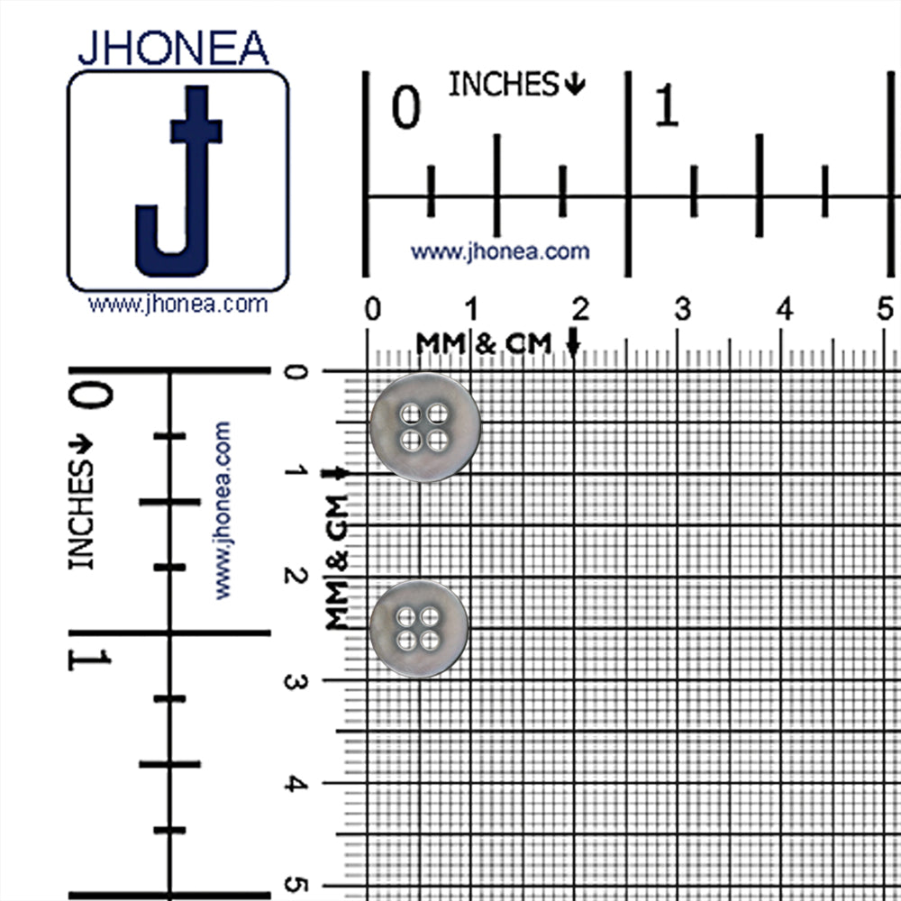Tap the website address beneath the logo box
177,304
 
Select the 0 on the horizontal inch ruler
405,107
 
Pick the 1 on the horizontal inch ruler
667,105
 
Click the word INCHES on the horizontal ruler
504,84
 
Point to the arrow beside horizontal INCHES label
575,84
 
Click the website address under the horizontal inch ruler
500,251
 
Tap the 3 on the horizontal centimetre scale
682,310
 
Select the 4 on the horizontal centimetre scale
785,309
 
